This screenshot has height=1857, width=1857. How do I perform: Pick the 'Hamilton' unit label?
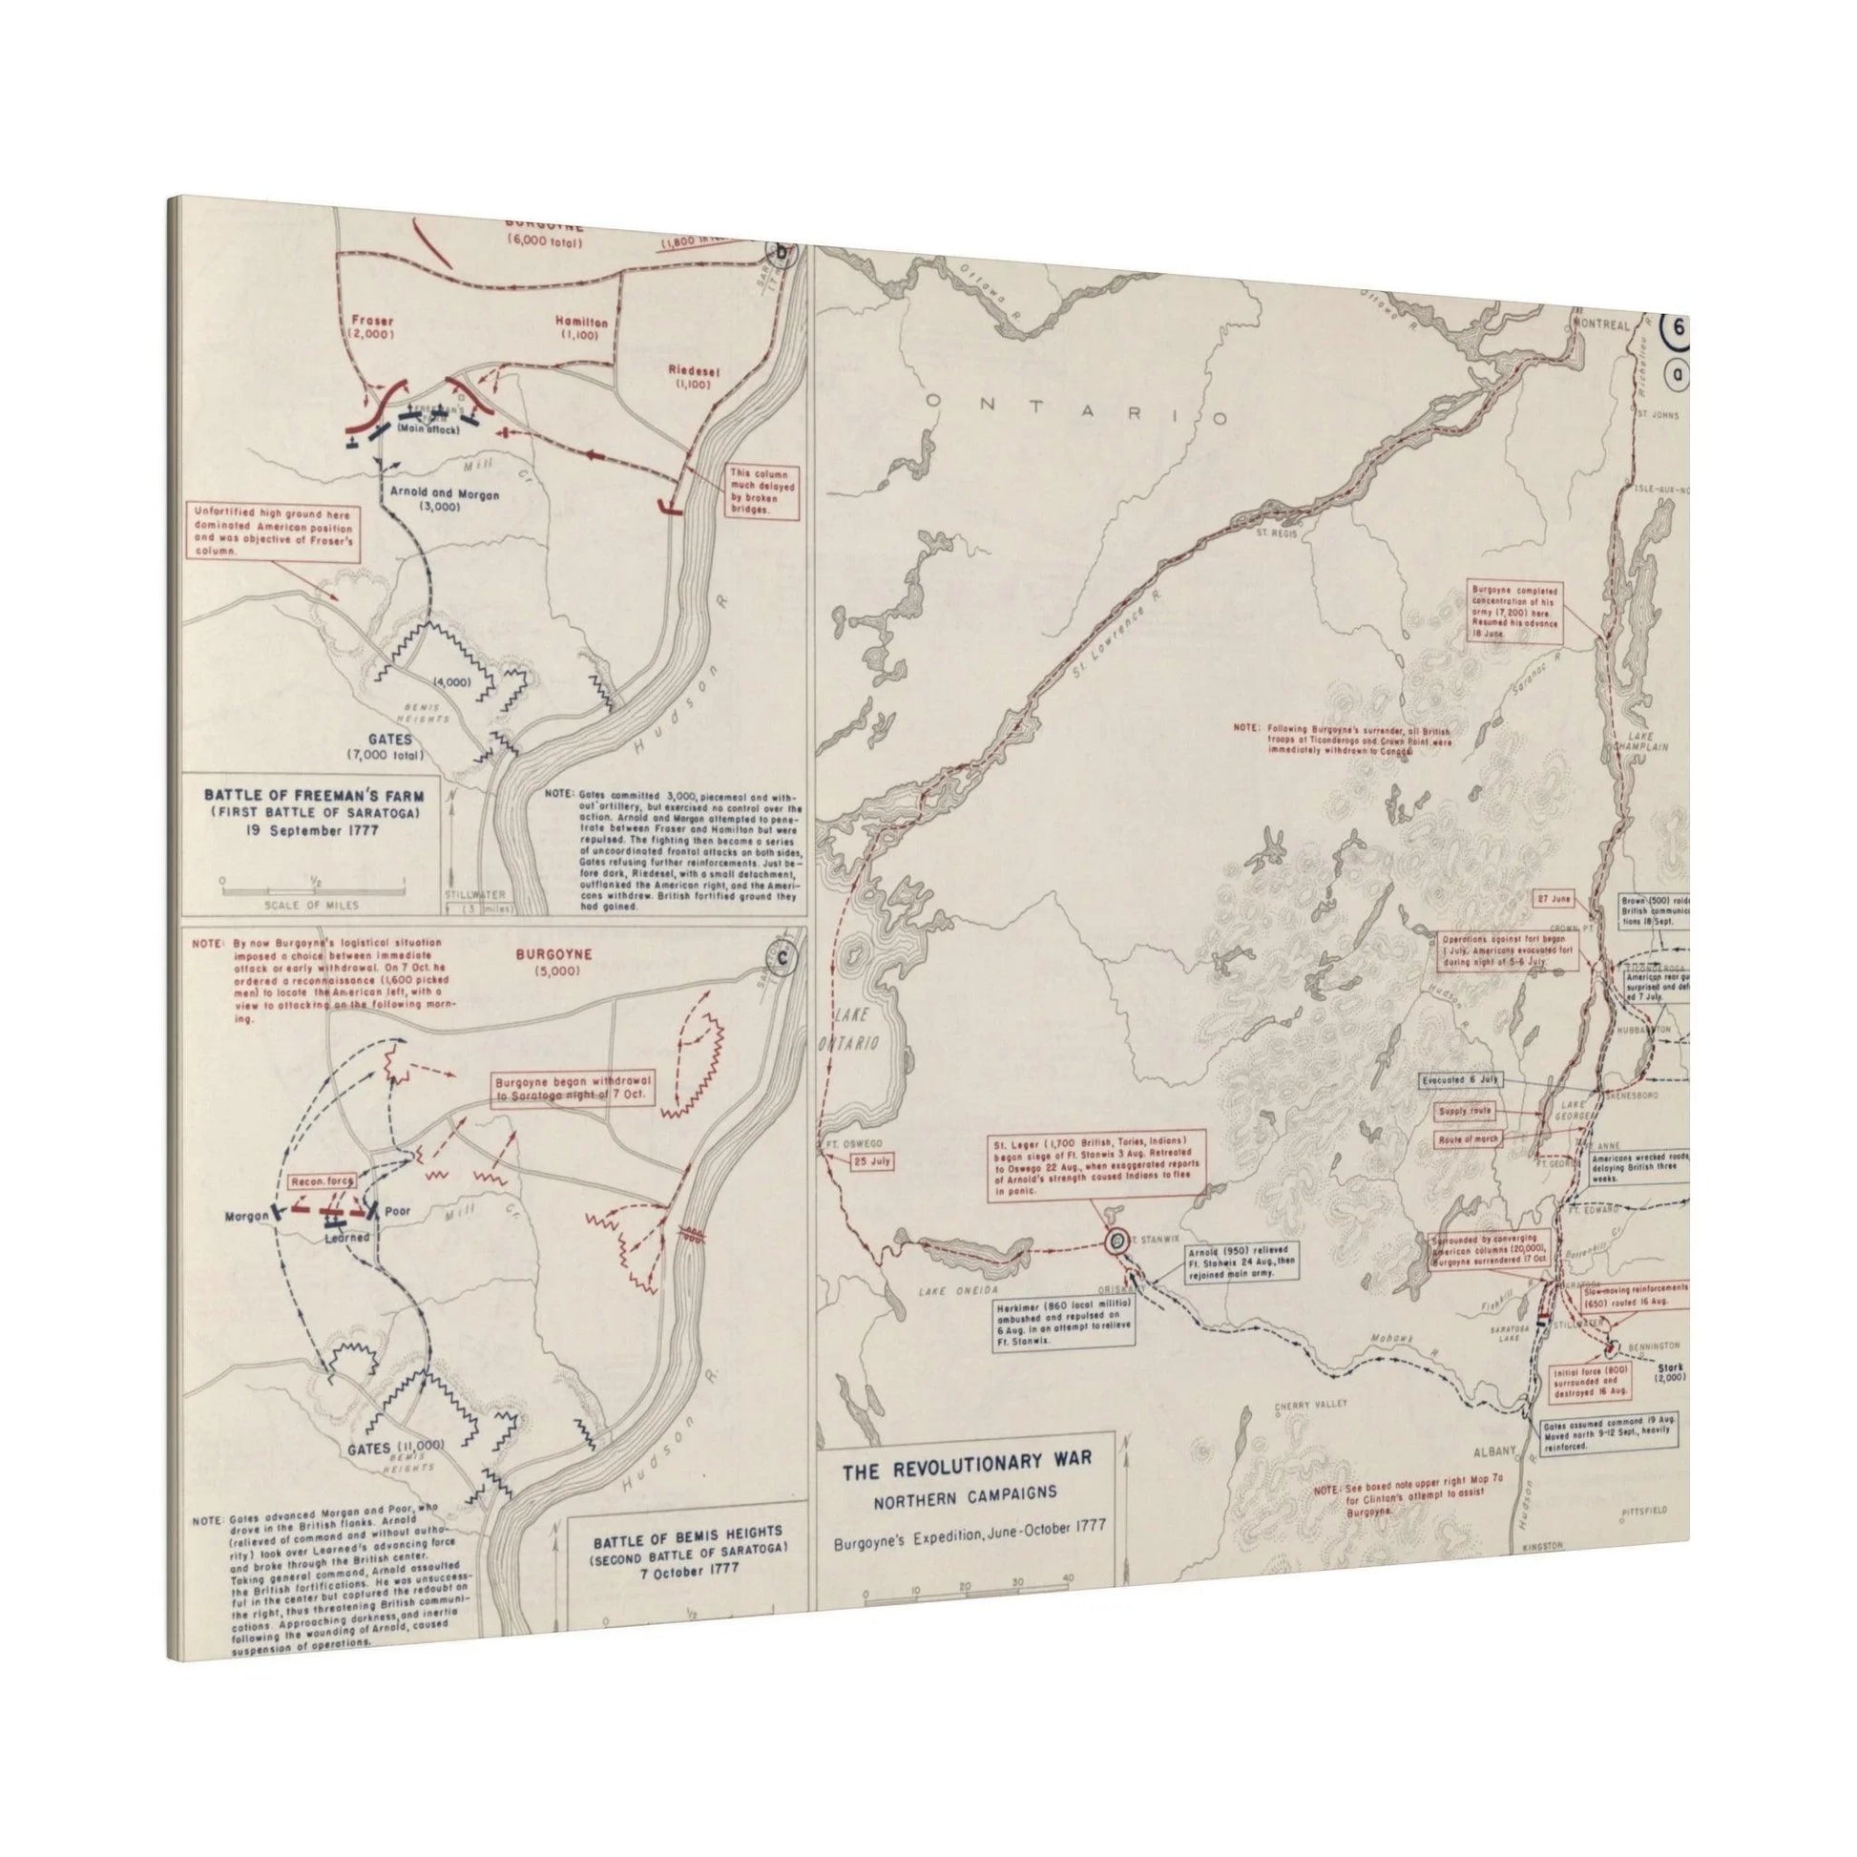[x=580, y=323]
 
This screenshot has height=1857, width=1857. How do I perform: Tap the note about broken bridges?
[x=762, y=493]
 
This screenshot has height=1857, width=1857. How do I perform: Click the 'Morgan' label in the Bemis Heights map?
[x=246, y=1217]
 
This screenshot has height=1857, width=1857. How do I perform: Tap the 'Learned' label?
[x=346, y=1238]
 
